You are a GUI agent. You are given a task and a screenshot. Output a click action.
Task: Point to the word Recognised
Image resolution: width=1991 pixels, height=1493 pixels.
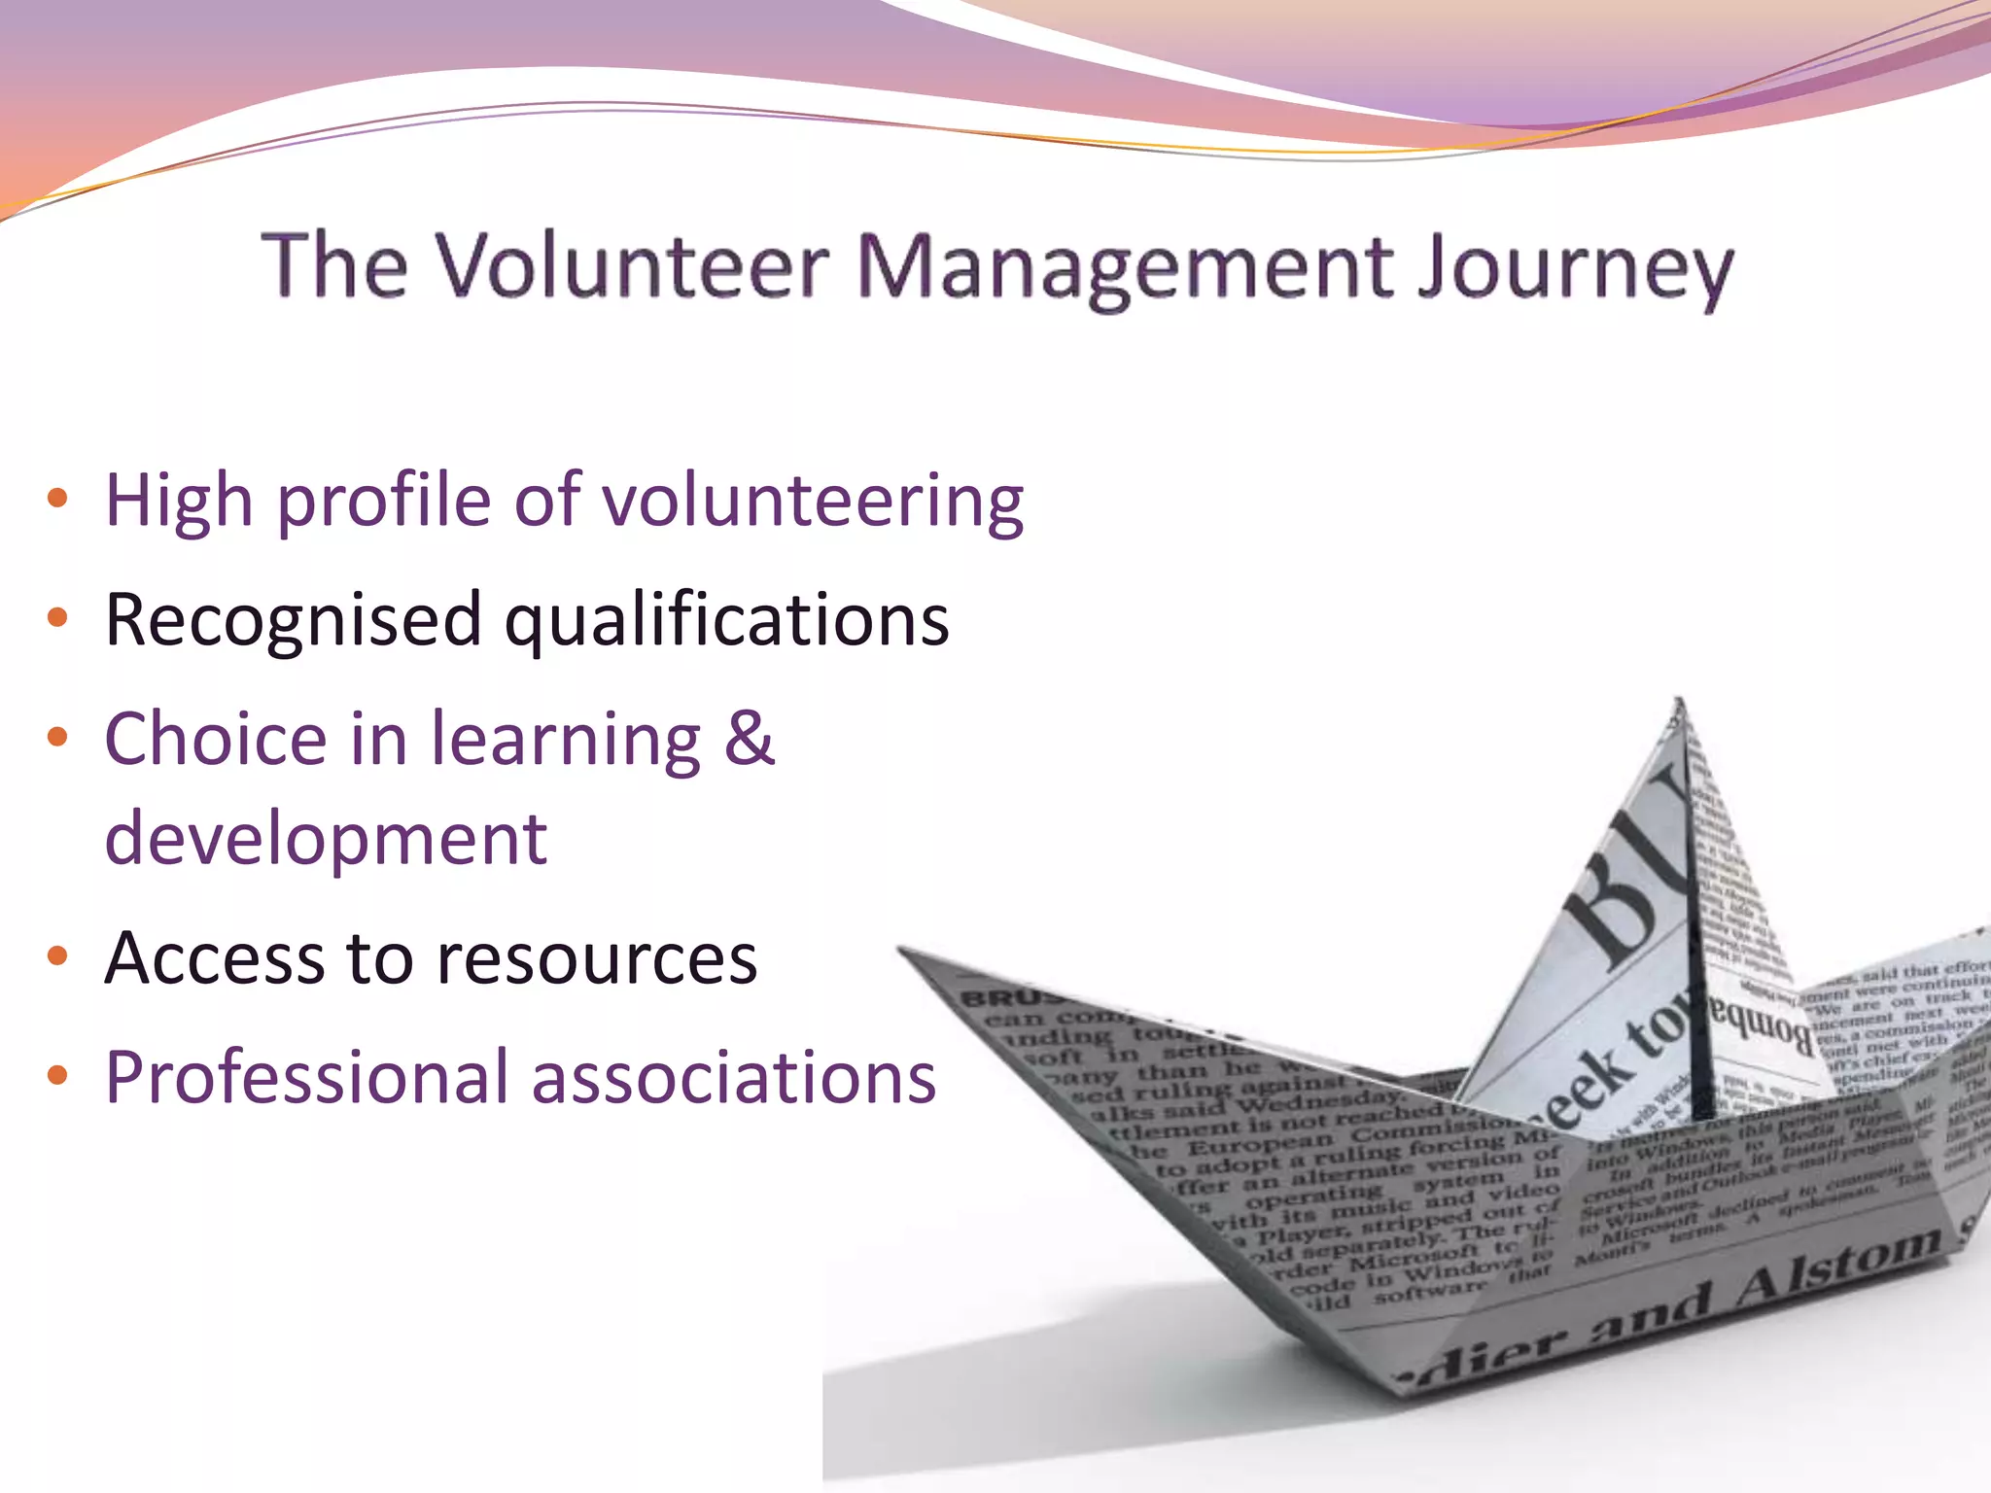click(x=293, y=620)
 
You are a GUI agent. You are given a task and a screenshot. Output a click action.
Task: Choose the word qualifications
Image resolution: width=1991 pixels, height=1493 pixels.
click(x=726, y=620)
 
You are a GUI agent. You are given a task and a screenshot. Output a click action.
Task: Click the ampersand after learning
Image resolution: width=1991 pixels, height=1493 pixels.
click(x=749, y=739)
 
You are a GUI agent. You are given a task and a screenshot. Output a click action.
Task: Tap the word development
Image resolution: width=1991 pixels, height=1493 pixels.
click(x=326, y=838)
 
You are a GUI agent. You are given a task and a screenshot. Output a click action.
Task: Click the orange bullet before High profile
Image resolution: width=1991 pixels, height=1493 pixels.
click(x=57, y=500)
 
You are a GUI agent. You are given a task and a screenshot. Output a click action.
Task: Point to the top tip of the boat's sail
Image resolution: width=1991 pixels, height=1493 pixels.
click(x=1679, y=702)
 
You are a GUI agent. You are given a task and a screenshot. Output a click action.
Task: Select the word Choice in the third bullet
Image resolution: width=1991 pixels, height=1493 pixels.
click(x=215, y=739)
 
